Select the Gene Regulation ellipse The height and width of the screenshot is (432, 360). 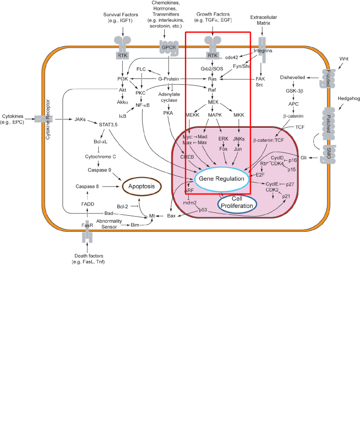tap(222, 179)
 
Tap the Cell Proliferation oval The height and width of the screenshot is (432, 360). tap(237, 203)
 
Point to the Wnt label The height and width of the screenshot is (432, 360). tap(344, 58)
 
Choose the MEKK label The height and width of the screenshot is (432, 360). tap(193, 115)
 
